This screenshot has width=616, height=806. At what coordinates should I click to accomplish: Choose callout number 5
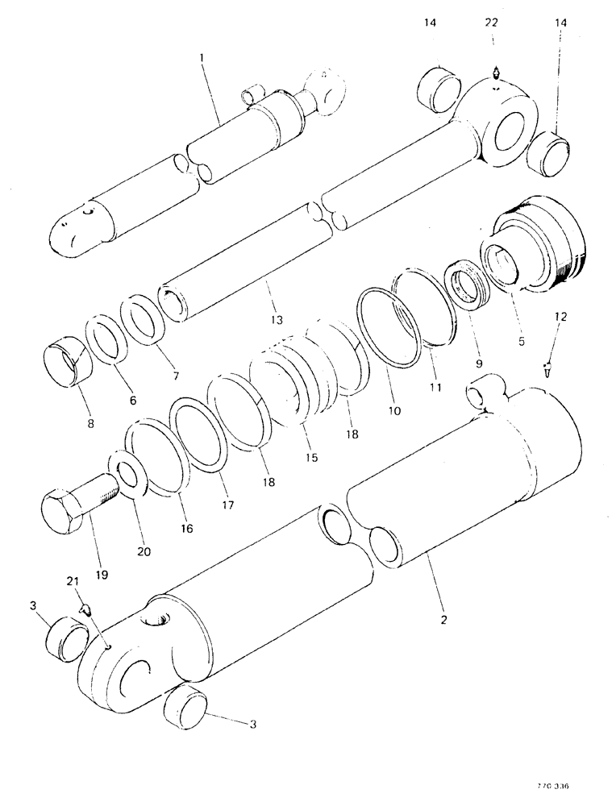(519, 342)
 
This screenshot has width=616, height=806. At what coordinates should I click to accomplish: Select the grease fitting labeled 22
(496, 73)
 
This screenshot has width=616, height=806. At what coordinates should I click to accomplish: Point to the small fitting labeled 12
(549, 368)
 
